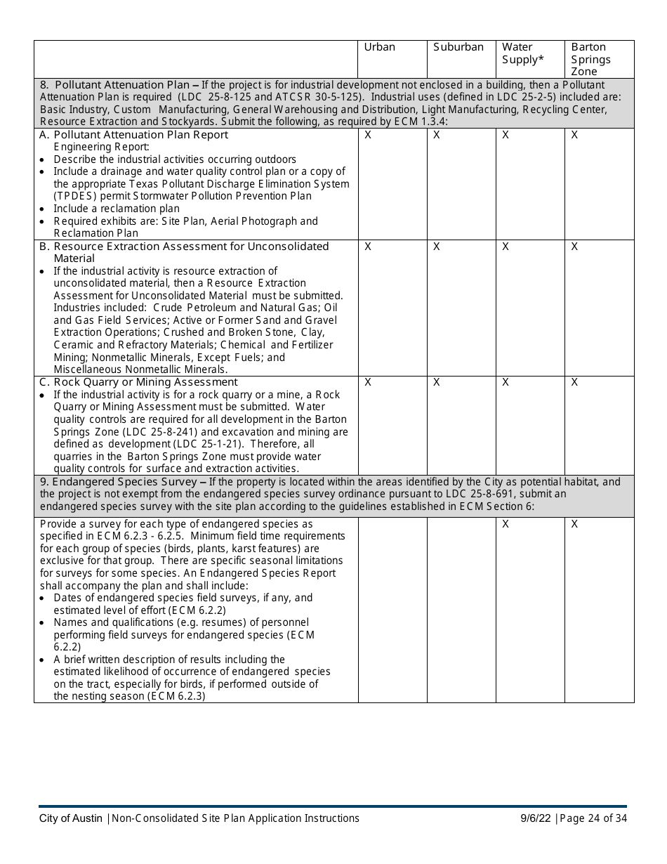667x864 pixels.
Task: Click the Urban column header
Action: pyautogui.click(x=379, y=47)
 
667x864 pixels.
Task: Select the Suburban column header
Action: pyautogui.click(x=458, y=47)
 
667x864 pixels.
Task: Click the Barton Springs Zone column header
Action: pyautogui.click(x=590, y=59)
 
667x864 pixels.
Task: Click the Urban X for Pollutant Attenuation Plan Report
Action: pyautogui.click(x=368, y=135)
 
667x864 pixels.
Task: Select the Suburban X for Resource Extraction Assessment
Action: pyautogui.click(x=437, y=247)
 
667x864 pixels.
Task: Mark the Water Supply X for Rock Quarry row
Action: pyautogui.click(x=506, y=382)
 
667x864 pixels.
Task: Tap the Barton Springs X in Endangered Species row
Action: pyautogui.click(x=574, y=524)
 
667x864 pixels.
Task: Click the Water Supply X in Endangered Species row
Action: pyautogui.click(x=506, y=524)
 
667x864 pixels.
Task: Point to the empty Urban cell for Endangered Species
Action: pyautogui.click(x=392, y=609)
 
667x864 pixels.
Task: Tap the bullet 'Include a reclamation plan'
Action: pyautogui.click(x=116, y=209)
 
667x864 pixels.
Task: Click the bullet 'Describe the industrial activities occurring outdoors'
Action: pyautogui.click(x=175, y=159)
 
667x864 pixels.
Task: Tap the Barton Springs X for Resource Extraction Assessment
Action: pyautogui.click(x=574, y=247)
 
